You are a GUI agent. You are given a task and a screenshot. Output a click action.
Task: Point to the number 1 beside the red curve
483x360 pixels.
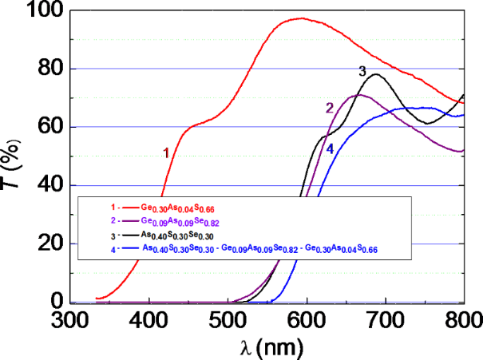coord(166,152)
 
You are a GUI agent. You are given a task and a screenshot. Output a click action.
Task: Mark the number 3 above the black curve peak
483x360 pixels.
coord(362,72)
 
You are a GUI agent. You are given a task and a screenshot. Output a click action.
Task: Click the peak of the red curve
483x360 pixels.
coord(300,18)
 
